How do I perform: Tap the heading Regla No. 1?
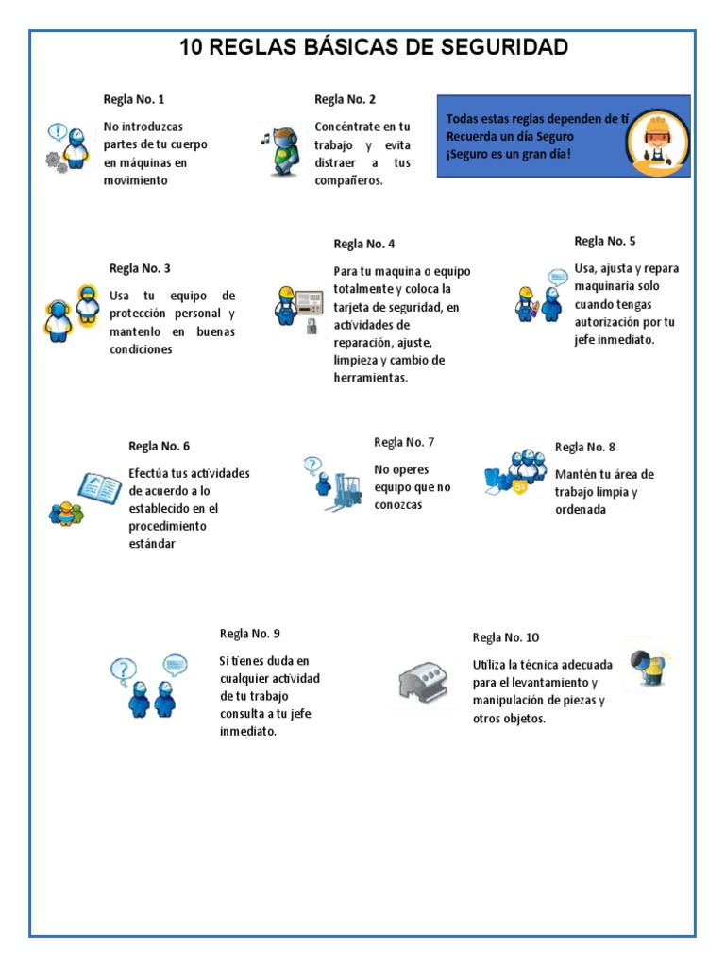click(134, 99)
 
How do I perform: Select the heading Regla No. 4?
click(364, 244)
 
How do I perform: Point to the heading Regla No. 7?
click(404, 442)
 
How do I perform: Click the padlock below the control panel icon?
click(311, 327)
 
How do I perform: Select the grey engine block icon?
click(426, 679)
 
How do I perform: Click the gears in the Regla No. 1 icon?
click(57, 161)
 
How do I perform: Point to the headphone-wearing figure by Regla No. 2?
click(282, 150)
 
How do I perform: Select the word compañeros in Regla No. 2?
click(348, 180)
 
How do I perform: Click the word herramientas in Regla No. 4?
click(370, 378)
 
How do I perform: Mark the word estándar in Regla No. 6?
click(152, 544)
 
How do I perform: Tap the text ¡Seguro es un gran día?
click(509, 153)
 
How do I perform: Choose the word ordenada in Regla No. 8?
click(581, 510)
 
